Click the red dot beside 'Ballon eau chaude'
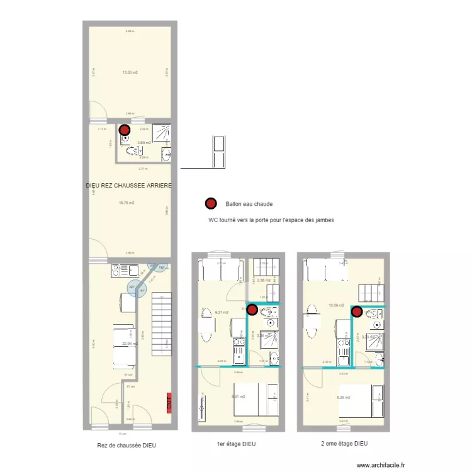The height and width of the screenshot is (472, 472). tap(210, 203)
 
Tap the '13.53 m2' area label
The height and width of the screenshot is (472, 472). tap(130, 72)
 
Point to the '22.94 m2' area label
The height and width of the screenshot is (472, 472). tap(130, 344)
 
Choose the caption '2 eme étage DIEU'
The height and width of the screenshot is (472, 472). tap(344, 443)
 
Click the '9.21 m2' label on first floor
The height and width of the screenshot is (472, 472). tap(221, 312)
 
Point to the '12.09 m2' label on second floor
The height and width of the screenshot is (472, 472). tap(335, 306)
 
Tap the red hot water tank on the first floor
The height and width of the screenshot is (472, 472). tap(252, 310)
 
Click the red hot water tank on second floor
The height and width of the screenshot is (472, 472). tap(357, 310)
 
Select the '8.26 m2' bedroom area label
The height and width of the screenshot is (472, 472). tap(344, 396)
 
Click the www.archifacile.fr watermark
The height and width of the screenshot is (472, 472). tap(381, 465)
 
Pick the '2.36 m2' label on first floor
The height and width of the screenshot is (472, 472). tap(264, 280)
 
